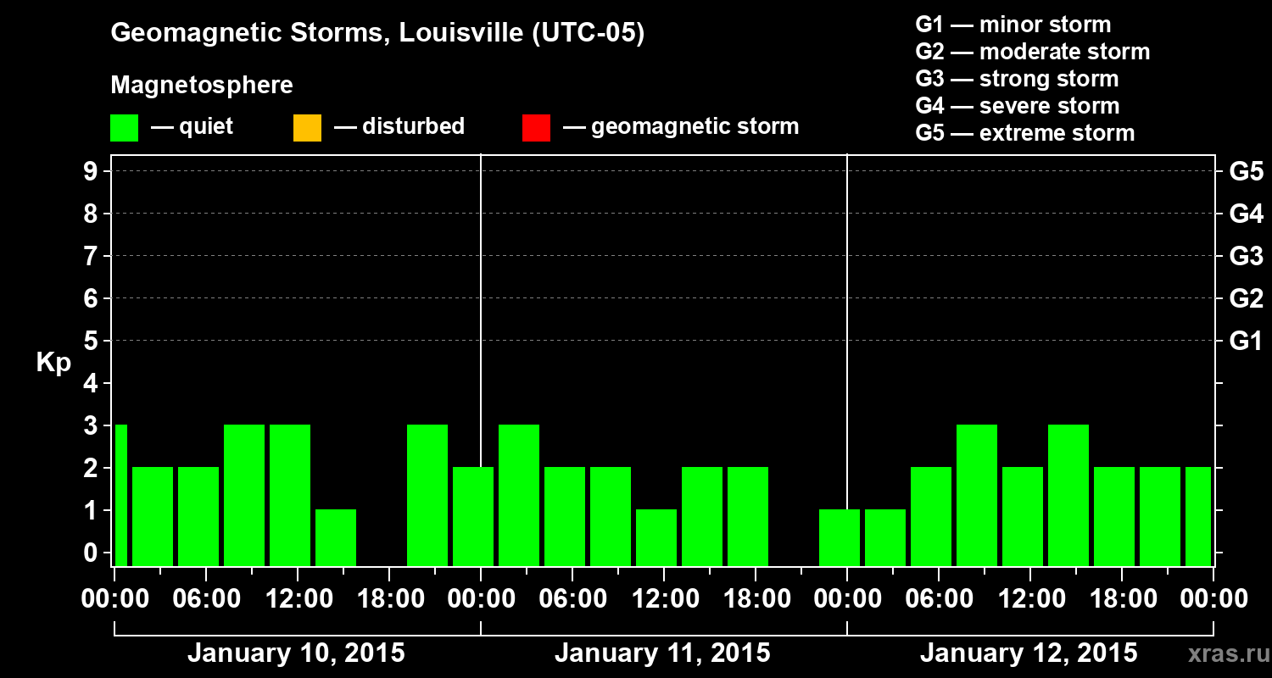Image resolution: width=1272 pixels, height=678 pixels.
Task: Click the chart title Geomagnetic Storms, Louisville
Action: (x=377, y=33)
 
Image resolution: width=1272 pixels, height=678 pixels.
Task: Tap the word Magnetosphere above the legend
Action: (x=202, y=86)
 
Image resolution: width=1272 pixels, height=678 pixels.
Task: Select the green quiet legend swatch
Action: (x=124, y=128)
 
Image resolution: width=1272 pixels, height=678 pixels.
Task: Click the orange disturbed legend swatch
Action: (x=307, y=128)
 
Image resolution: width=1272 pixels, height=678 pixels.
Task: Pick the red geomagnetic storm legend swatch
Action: (x=536, y=128)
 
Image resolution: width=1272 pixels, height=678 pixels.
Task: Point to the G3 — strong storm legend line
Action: (x=1017, y=79)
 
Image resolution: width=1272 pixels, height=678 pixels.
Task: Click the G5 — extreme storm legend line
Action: (x=1024, y=133)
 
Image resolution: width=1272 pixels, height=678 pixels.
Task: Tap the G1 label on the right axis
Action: (x=1246, y=342)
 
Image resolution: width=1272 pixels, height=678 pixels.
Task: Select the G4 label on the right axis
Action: (x=1246, y=214)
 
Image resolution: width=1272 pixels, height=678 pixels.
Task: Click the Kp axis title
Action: (x=53, y=363)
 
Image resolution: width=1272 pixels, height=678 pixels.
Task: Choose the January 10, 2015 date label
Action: (x=296, y=653)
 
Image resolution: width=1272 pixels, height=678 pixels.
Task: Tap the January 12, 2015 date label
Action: (x=1029, y=653)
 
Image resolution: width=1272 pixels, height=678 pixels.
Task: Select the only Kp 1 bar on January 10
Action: (x=336, y=537)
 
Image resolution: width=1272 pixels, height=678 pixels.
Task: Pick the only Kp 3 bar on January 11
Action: (x=519, y=495)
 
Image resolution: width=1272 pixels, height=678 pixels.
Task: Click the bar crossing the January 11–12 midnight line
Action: (x=840, y=537)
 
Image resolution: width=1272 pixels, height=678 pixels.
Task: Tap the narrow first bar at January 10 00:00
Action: (x=120, y=495)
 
